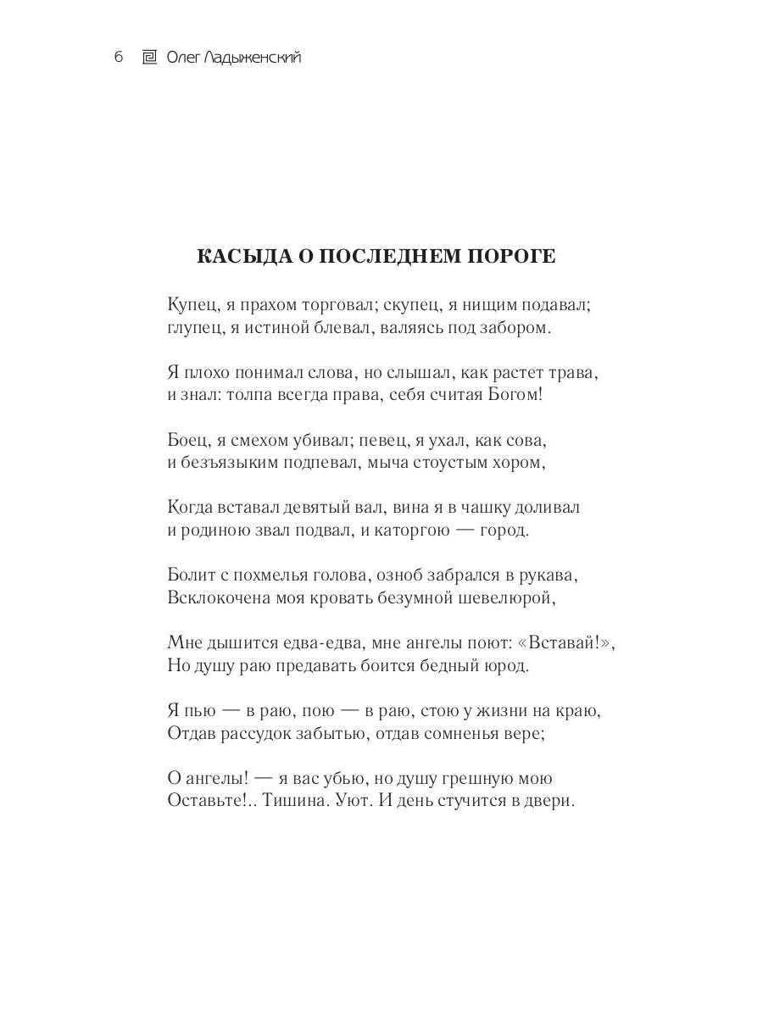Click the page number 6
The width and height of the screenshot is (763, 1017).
click(119, 58)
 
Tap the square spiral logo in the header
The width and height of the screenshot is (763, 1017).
click(148, 58)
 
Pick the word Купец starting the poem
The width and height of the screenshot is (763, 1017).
click(194, 303)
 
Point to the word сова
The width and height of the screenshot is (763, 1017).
click(529, 440)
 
